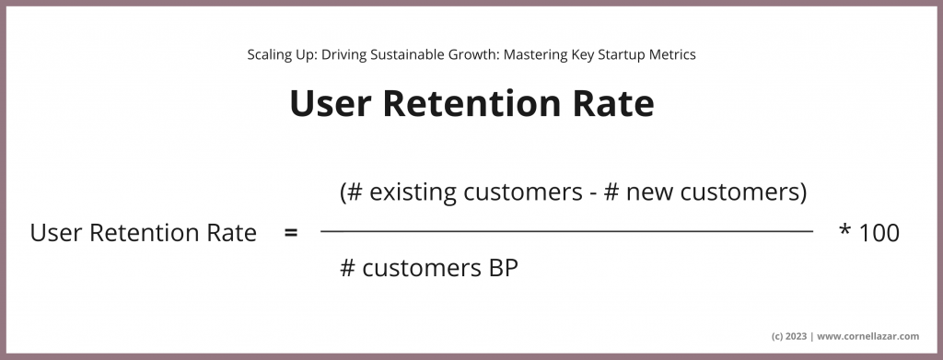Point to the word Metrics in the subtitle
pyautogui.click(x=672, y=54)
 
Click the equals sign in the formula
pyautogui.click(x=291, y=234)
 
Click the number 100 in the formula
pyautogui.click(x=879, y=234)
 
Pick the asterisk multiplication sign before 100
pyautogui.click(x=844, y=231)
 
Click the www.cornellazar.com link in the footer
pyautogui.click(x=870, y=336)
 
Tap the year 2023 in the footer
pyautogui.click(x=797, y=336)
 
